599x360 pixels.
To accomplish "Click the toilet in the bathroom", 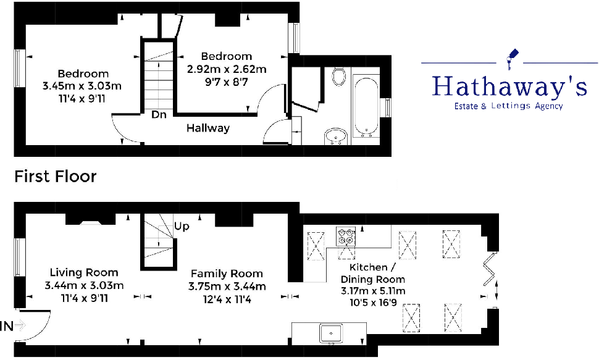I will (338, 77).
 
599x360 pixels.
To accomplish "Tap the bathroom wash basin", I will (337, 135).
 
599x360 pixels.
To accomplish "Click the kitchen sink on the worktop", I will (331, 333).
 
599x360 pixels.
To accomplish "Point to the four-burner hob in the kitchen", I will (345, 237).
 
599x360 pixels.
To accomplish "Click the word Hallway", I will (208, 128).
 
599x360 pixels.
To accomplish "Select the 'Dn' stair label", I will (158, 115).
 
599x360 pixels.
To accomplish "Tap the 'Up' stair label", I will (182, 226).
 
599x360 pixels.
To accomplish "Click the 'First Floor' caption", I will (56, 177).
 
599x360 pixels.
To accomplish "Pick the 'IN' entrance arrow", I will (14, 325).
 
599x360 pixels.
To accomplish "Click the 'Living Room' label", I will (84, 272).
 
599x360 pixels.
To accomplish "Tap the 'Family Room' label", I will (226, 274).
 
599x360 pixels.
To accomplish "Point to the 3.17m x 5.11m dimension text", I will (373, 291).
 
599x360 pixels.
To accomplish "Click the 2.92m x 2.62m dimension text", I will (227, 69).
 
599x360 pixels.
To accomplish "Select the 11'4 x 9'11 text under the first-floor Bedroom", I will (83, 98).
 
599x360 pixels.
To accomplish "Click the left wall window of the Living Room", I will (19, 256).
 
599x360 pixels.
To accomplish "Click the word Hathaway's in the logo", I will (509, 86).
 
